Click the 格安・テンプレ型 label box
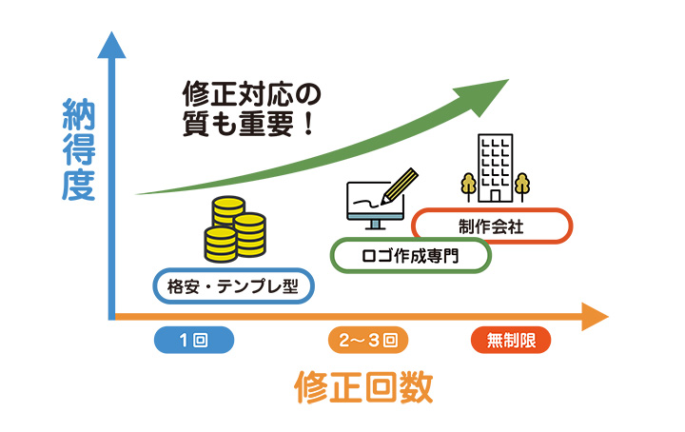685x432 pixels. (233, 285)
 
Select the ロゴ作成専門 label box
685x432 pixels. (410, 255)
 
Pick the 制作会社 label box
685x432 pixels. (492, 226)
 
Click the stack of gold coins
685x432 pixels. (234, 229)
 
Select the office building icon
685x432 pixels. (494, 167)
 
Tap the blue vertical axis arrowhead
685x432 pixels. (111, 46)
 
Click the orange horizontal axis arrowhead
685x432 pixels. (594, 316)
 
